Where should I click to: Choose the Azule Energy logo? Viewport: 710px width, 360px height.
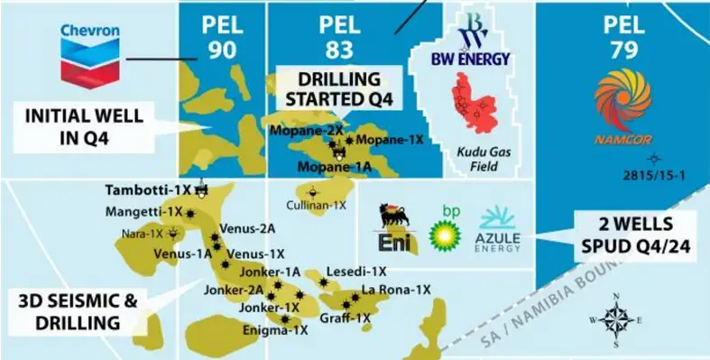[496, 229]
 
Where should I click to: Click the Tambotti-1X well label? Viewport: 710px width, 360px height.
[148, 190]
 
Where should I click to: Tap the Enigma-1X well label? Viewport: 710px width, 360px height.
[276, 331]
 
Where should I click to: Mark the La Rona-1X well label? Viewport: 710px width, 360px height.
[396, 290]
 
